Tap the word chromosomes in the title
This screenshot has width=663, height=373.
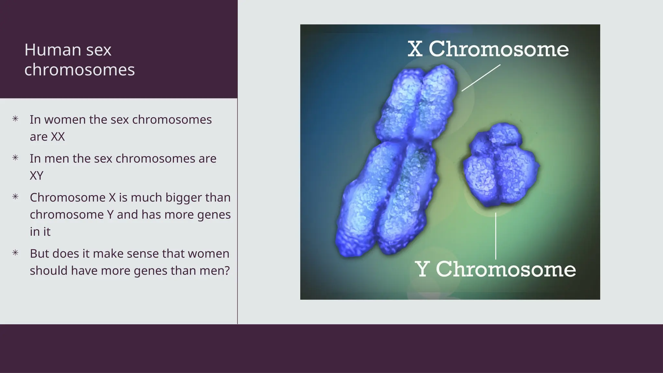[79, 70]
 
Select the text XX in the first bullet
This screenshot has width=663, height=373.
[58, 137]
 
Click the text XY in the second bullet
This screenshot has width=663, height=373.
[36, 175]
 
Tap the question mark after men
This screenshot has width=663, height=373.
[227, 271]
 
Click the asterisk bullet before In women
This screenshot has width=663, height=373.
[15, 119]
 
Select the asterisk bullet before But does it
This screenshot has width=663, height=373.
[15, 253]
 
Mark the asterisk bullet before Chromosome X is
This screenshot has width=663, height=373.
[15, 197]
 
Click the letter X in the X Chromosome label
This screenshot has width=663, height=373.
[415, 49]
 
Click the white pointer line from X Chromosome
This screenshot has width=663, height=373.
[481, 78]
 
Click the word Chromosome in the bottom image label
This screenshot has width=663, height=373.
[506, 269]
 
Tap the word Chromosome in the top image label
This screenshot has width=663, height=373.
[499, 49]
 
